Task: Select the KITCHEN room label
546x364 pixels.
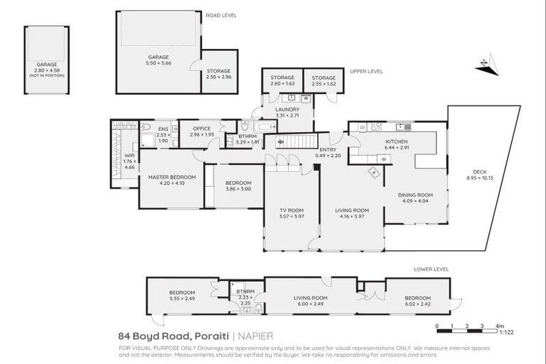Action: (x=397, y=141)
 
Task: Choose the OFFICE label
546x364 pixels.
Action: (x=202, y=129)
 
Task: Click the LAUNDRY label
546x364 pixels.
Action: (x=287, y=109)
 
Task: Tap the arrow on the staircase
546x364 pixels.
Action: (x=280, y=141)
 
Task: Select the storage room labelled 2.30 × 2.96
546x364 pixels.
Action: (x=218, y=74)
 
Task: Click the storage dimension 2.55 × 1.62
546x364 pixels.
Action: (x=323, y=84)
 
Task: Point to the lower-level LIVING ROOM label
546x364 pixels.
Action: (x=311, y=297)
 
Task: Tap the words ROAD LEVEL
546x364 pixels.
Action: (x=221, y=15)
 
